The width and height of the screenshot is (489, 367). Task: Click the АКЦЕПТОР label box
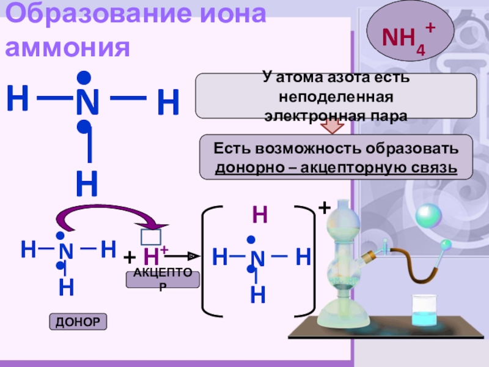point(162,280)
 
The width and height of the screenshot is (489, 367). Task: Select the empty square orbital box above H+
point(151,237)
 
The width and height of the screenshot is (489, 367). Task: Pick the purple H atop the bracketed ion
point(260,215)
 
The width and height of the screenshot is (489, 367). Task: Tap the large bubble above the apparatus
point(428,216)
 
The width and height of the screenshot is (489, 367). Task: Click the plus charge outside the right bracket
point(324,209)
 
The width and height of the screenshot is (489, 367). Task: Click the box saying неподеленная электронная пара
point(336,96)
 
